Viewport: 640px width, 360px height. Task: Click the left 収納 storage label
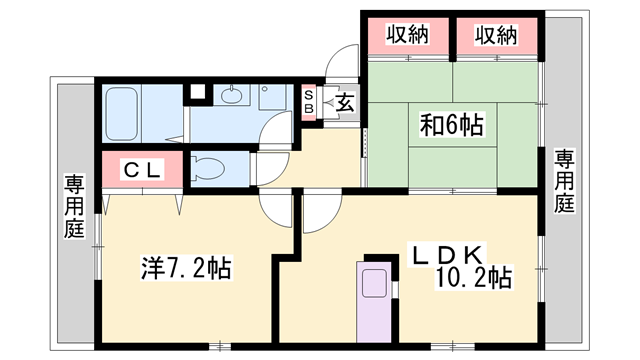point(409,35)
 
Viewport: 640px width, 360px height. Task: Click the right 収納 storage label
point(496,35)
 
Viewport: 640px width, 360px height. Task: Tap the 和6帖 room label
point(452,125)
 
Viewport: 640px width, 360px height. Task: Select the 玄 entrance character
point(343,101)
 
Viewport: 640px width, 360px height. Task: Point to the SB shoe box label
point(309,101)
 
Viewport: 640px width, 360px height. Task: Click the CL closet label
point(142,170)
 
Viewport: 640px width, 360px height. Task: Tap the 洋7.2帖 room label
point(186,268)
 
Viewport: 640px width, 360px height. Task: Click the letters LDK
point(450,252)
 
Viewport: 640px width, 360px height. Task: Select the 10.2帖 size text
point(474,277)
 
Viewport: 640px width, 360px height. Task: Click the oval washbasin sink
point(233,96)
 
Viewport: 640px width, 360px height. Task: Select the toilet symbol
point(207,167)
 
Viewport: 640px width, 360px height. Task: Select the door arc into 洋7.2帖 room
point(273,208)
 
